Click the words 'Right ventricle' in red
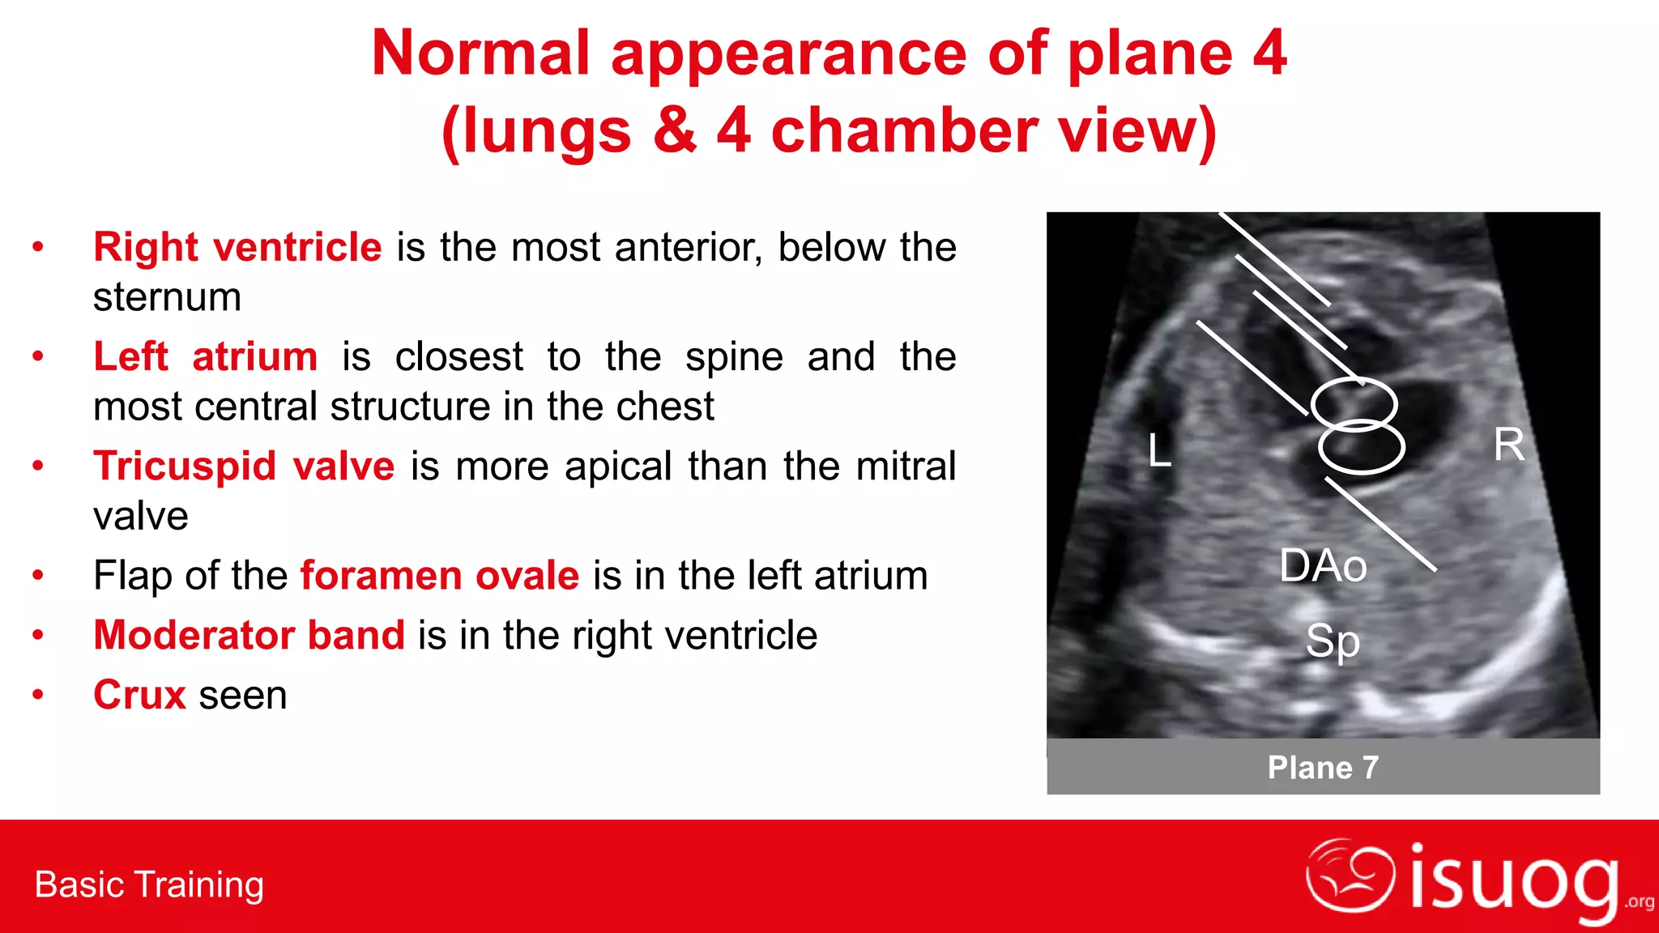[x=237, y=247]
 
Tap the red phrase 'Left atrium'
[x=206, y=356]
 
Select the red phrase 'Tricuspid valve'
[x=244, y=466]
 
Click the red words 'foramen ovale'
[x=440, y=576]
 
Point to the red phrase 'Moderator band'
[x=249, y=635]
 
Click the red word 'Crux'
[x=139, y=695]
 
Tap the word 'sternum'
[x=167, y=297]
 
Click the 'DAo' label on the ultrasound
[x=1323, y=565]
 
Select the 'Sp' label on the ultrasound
[x=1332, y=641]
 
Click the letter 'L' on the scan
[x=1159, y=450]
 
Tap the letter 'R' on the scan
[x=1508, y=445]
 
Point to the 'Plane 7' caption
[x=1323, y=767]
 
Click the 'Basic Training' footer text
[x=149, y=884]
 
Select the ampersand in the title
[x=674, y=131]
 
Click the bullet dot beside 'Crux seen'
[x=37, y=695]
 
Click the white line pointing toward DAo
[x=1380, y=524]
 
